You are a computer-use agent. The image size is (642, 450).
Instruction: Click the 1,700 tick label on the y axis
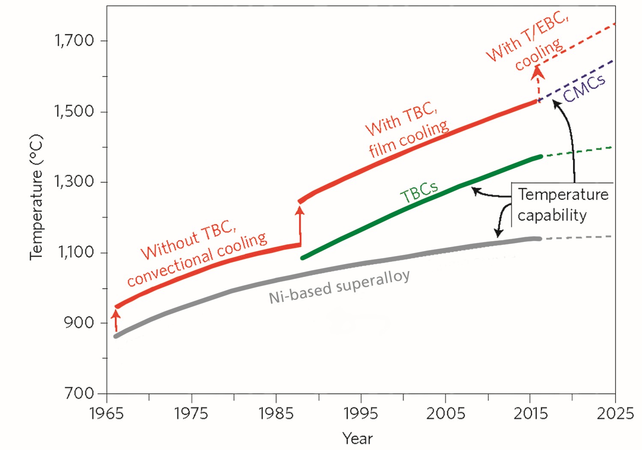74,40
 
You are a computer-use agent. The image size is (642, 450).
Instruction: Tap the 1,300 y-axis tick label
74,182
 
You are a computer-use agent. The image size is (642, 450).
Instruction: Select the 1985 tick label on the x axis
276,414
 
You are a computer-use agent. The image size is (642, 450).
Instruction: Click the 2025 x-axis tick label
615,414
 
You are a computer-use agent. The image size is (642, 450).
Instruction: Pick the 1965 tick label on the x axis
106,414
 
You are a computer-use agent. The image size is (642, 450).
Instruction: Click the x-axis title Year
357,438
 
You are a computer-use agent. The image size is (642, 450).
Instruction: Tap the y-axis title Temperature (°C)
36,197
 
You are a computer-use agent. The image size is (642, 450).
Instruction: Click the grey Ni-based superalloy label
339,287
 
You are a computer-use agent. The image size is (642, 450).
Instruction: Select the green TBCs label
419,192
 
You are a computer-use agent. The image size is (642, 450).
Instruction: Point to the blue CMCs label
584,88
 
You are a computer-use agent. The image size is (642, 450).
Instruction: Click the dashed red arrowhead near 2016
538,73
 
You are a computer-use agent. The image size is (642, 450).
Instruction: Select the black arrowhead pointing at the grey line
498,232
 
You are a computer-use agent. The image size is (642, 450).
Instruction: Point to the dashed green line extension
578,152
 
